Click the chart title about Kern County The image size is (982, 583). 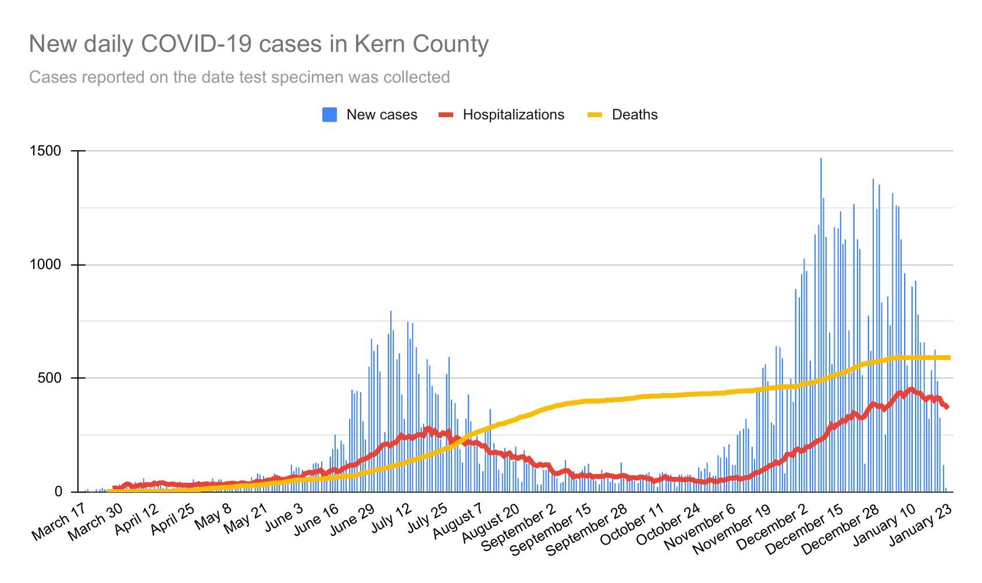[259, 44]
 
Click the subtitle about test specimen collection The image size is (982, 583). [239, 77]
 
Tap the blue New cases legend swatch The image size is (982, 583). [329, 115]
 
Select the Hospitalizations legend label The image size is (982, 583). [513, 115]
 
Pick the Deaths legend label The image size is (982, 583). [635, 115]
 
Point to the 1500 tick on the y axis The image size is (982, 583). [45, 151]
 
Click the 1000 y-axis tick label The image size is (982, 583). [45, 265]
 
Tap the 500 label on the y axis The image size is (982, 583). [49, 378]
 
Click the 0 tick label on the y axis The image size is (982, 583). [58, 492]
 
